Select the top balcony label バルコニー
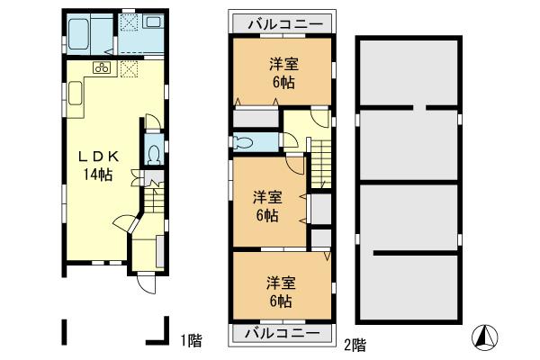tap(282, 23)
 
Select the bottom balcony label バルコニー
tap(282, 332)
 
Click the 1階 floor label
tap(189, 340)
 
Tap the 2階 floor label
tap(354, 343)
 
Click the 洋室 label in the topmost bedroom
tap(283, 63)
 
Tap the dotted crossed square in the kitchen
tap(129, 67)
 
